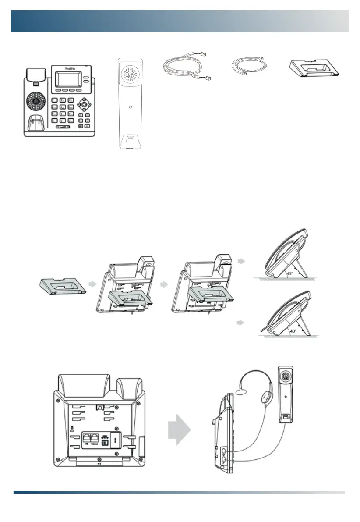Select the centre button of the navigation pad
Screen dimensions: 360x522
pos(84,105)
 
